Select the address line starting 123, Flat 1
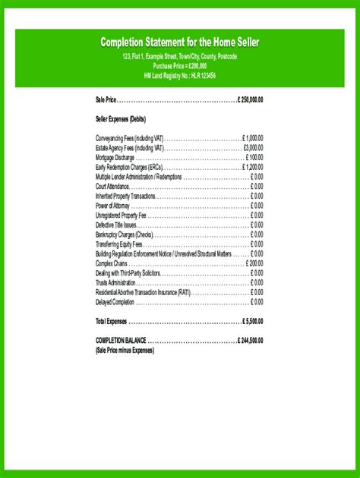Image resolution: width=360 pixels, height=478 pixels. coord(180,57)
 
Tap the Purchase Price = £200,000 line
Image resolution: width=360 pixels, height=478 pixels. coord(180,66)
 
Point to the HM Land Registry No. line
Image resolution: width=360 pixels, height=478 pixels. coord(180,76)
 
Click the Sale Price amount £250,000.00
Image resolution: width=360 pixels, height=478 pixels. coord(250,99)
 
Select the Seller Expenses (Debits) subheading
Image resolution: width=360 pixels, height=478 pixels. coord(121,119)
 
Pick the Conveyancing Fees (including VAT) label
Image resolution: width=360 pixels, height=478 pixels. coord(130,138)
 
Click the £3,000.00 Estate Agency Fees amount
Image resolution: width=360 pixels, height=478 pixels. coord(253,148)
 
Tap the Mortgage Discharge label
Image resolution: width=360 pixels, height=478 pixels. coord(115,157)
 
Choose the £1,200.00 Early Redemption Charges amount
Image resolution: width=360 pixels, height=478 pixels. coord(253,167)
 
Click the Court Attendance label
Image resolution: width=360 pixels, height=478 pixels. coord(112,186)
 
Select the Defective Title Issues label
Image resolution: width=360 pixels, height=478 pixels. coord(116,225)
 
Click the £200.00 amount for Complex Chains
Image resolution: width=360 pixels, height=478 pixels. coord(255,263)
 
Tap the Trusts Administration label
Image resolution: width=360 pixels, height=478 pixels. coord(115,282)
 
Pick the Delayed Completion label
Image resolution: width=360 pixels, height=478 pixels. coord(115,302)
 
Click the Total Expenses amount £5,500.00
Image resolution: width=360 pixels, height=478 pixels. coord(253,321)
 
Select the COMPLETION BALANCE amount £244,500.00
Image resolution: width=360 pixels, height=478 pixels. coord(250,341)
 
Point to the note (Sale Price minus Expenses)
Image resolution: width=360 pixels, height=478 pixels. coord(125,351)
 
